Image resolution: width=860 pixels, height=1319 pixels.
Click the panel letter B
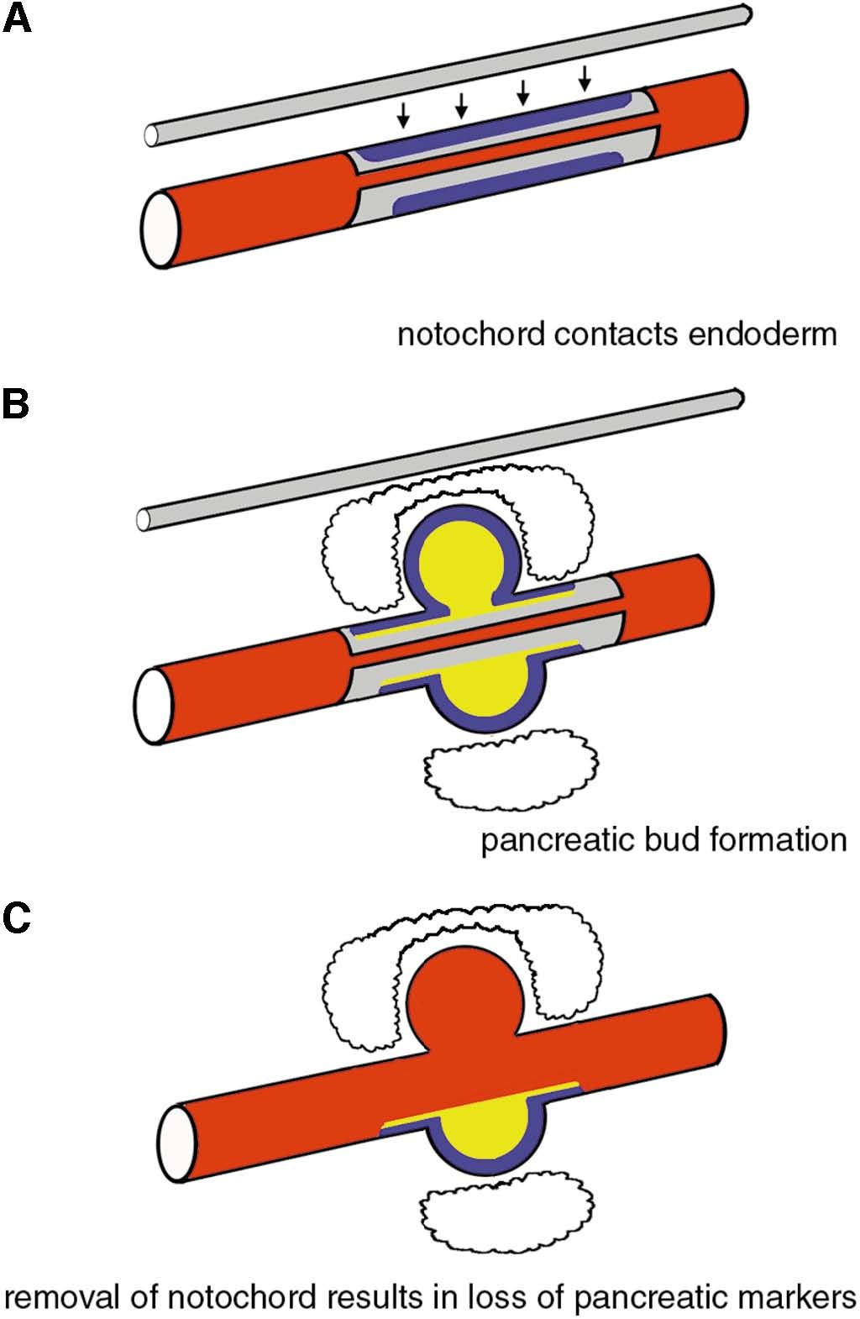pyautogui.click(x=16, y=405)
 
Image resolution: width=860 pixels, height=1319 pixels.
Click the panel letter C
pyautogui.click(x=17, y=917)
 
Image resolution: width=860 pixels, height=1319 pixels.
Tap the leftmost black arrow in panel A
pyautogui.click(x=403, y=115)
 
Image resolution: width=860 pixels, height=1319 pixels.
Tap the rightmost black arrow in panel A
pyautogui.click(x=585, y=78)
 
